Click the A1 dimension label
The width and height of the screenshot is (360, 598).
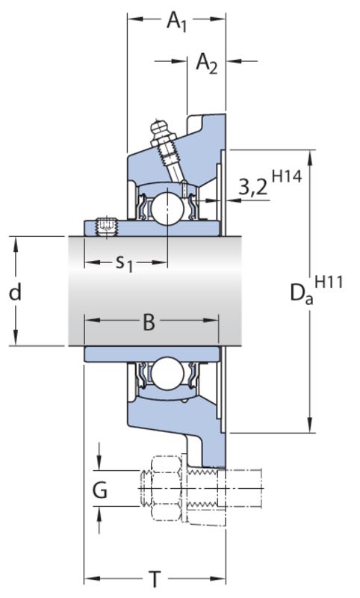click(177, 21)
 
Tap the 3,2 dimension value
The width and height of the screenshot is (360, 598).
click(253, 188)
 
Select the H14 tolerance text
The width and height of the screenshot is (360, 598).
click(288, 176)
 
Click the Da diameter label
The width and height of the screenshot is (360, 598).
click(302, 294)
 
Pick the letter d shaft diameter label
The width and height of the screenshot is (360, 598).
click(15, 292)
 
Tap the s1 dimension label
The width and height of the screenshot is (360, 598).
click(124, 263)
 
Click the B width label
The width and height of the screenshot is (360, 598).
click(149, 321)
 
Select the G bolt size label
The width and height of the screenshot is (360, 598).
click(100, 490)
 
